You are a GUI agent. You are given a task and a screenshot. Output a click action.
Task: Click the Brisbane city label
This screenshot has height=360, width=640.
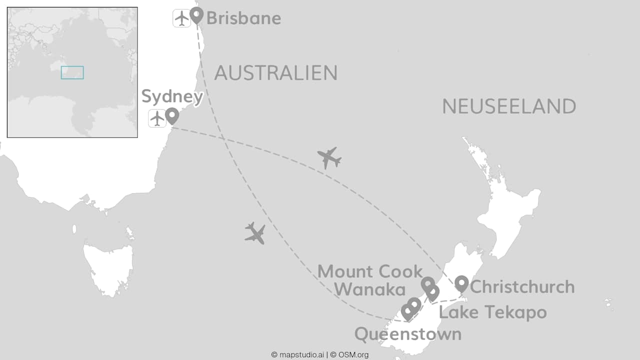click(243, 18)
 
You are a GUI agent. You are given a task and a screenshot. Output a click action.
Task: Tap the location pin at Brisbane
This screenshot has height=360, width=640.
click(196, 15)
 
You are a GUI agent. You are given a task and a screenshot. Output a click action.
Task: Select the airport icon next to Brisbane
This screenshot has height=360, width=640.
click(182, 18)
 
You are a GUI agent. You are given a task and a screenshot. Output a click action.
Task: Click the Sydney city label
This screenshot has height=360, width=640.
click(172, 96)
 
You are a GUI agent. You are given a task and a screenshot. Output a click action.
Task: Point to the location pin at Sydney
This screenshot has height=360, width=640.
click(172, 115)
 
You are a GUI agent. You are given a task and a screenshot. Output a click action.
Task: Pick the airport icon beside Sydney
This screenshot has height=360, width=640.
click(157, 118)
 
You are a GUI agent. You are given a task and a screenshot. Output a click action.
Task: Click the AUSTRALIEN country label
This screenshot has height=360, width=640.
click(275, 73)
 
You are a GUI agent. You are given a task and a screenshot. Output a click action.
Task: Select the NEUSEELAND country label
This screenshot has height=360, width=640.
click(509, 106)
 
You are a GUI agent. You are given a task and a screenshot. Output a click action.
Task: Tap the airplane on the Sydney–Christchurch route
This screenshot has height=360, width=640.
click(329, 158)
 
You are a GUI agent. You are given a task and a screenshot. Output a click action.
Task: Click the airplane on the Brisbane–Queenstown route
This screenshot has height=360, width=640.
click(255, 233)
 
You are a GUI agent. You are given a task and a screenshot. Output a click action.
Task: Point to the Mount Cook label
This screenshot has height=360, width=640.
click(370, 271)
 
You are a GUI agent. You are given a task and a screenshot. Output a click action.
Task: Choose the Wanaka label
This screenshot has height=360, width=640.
click(369, 289)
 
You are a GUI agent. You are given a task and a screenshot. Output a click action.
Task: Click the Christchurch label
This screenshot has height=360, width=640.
click(522, 287)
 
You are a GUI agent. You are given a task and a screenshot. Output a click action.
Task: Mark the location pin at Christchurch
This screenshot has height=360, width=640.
click(461, 283)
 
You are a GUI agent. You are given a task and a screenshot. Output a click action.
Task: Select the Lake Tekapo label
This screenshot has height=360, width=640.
click(492, 312)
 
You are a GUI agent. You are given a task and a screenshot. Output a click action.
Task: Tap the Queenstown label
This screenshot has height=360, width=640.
click(408, 334)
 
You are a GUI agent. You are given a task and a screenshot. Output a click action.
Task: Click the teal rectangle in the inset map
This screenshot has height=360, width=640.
click(72, 72)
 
